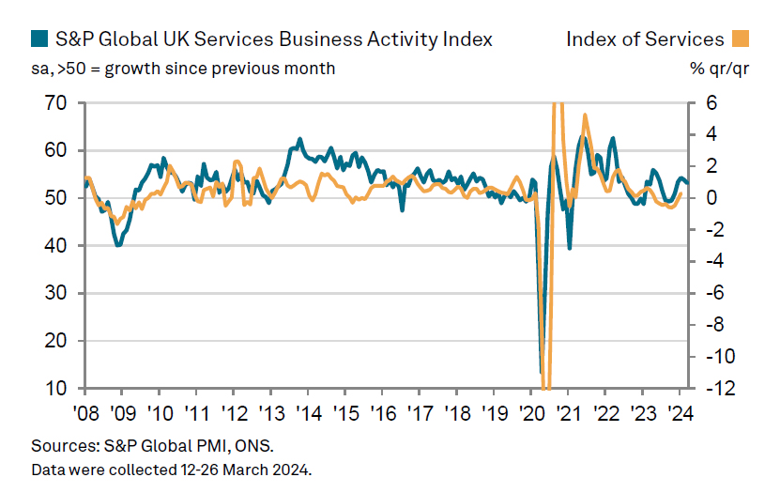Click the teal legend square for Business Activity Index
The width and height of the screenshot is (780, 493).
39,39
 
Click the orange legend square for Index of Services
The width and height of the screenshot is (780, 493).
742,39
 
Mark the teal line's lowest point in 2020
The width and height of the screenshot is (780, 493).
541,372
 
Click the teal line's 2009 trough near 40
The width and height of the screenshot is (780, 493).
118,245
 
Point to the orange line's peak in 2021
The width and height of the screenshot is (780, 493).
585,116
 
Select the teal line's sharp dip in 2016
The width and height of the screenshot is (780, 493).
402,209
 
